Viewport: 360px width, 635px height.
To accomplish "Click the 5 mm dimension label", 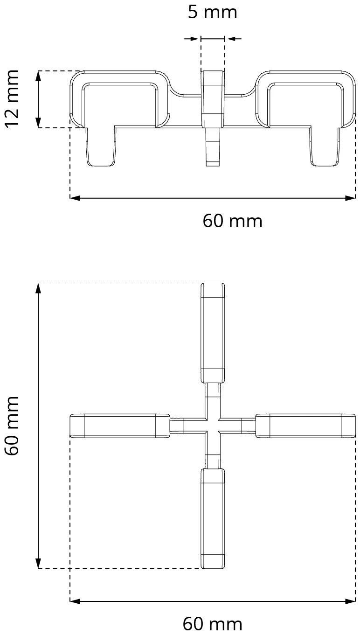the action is [x=213, y=13].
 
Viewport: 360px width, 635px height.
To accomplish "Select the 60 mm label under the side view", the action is [x=233, y=221].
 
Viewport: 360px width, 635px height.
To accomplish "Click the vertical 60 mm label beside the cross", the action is [x=13, y=426].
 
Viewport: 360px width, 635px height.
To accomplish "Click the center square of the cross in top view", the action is [x=213, y=426].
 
